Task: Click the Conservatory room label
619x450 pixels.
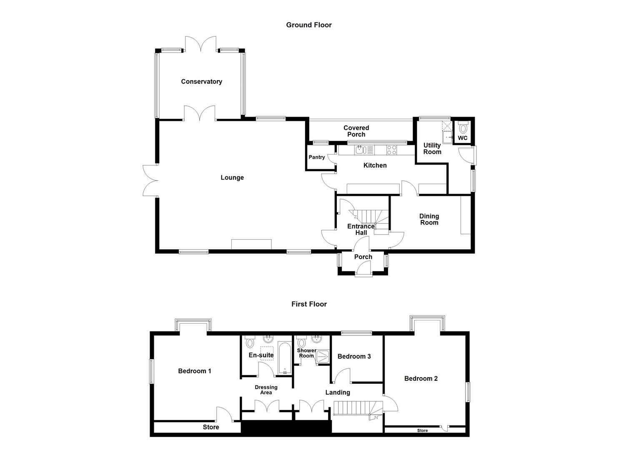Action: (201, 82)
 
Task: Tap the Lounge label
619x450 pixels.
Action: (232, 177)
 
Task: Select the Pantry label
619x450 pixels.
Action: (317, 157)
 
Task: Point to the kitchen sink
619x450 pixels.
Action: (361, 150)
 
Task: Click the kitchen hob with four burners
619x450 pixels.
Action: (391, 150)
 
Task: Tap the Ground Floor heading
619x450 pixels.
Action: (309, 25)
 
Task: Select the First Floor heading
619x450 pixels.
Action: (309, 304)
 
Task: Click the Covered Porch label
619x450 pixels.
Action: (356, 131)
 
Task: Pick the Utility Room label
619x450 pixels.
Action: (432, 148)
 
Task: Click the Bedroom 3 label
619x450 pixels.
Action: (354, 356)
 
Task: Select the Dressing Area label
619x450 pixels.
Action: (266, 390)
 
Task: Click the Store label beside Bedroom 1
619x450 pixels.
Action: (211, 427)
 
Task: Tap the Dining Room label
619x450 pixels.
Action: (429, 219)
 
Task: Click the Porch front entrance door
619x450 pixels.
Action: (363, 273)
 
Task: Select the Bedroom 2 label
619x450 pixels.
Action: (421, 378)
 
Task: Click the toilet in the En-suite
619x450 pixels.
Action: (250, 342)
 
